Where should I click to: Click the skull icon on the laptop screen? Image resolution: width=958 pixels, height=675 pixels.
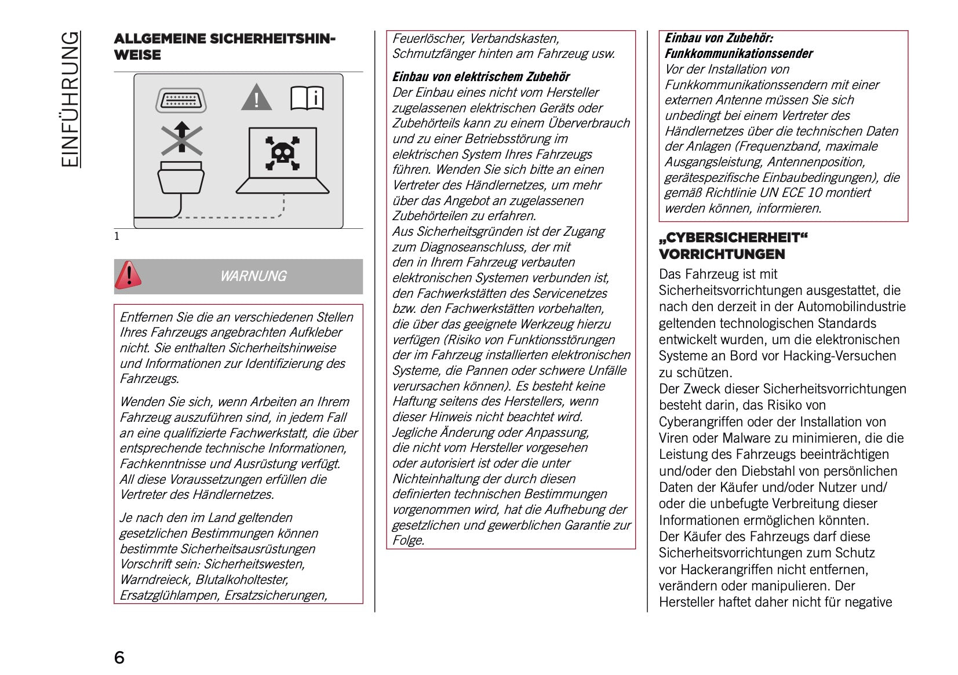coord(283,154)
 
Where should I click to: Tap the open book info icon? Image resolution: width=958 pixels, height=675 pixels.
coord(307,98)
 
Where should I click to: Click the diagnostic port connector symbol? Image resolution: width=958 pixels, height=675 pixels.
coord(181,100)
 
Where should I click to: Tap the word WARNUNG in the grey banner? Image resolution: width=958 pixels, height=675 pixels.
coord(253,276)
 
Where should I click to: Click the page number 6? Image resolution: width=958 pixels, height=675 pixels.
coord(119,657)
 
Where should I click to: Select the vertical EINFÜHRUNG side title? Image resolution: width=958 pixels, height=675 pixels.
coord(70,99)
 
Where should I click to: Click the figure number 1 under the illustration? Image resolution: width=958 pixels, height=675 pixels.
coord(117,236)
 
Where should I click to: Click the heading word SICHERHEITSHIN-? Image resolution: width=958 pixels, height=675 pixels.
coord(272,39)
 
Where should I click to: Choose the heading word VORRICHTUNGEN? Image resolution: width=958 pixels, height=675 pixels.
coord(722,254)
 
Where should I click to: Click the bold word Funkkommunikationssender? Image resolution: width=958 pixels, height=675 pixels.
coord(738,54)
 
